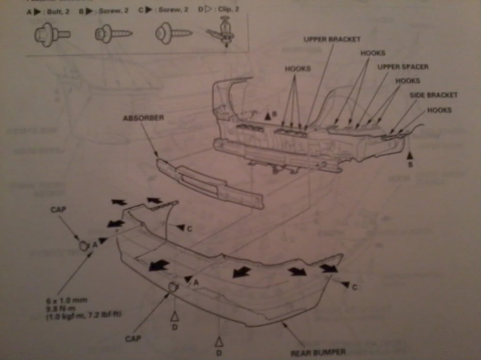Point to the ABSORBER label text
click(x=144, y=118)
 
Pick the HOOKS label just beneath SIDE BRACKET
click(x=439, y=110)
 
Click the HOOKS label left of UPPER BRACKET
click(x=298, y=69)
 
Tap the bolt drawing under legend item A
click(x=52, y=34)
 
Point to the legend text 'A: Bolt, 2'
click(x=48, y=11)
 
